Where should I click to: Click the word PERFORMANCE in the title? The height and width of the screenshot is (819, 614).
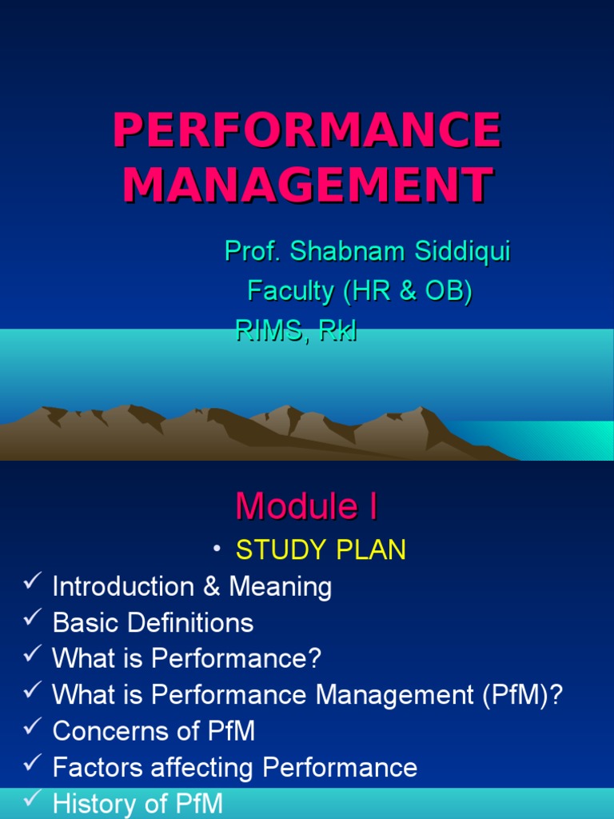pyautogui.click(x=307, y=131)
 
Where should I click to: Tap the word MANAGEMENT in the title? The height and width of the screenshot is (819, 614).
pyautogui.click(x=307, y=185)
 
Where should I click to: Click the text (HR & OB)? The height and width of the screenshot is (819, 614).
pyautogui.click(x=408, y=291)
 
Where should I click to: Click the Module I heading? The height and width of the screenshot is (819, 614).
pyautogui.click(x=307, y=506)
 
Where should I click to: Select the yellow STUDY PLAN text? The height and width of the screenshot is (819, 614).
pyautogui.click(x=321, y=549)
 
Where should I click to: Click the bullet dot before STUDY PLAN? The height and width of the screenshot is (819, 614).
pyautogui.click(x=216, y=549)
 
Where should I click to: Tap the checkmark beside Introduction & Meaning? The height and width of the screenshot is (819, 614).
pyautogui.click(x=31, y=585)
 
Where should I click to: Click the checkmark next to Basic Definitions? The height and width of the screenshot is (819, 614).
pyautogui.click(x=31, y=621)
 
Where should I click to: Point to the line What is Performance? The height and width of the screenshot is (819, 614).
pyautogui.click(x=186, y=659)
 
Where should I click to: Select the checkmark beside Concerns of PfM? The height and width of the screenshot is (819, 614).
pyautogui.click(x=31, y=728)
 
